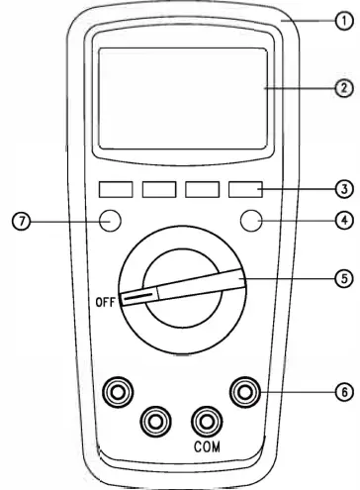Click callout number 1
339,17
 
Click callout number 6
339,393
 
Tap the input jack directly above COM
207,421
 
